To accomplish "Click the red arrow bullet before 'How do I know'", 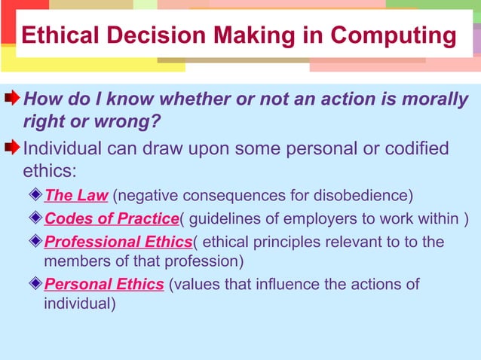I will pyautogui.click(x=13, y=99).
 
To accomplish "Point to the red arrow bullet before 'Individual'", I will pyautogui.click(x=13, y=148).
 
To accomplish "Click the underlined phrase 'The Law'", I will pyautogui.click(x=76, y=197).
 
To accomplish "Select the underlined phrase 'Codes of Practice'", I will pyautogui.click(x=111, y=219).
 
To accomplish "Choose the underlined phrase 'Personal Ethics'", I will pyautogui.click(x=104, y=285).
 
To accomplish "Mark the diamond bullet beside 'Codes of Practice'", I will pyautogui.click(x=36, y=219).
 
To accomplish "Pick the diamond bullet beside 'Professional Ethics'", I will pyautogui.click(x=36, y=242).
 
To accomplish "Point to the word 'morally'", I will pyautogui.click(x=424, y=99).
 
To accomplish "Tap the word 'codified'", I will pyautogui.click(x=416, y=148).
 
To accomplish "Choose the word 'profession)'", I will pyautogui.click(x=205, y=262).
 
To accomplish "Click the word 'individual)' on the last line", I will pyautogui.click(x=80, y=305).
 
